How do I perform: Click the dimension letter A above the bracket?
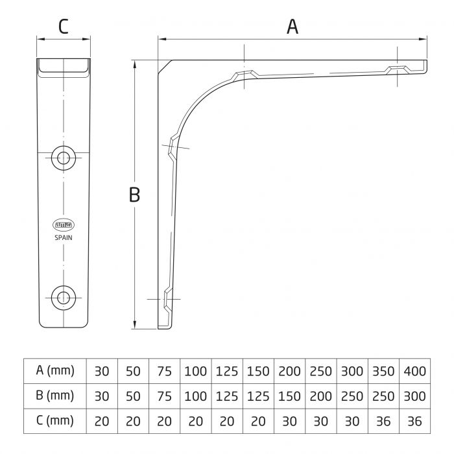point(293,27)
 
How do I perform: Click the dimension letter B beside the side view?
point(134,195)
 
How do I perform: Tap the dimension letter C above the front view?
point(63,27)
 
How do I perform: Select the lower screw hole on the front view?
point(63,297)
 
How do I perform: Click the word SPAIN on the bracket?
point(63,237)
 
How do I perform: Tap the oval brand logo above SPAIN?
point(63,225)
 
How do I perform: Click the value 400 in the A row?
point(414,372)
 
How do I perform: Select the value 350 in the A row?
point(383,372)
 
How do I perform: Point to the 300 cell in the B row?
point(414,396)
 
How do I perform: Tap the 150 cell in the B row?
point(289,396)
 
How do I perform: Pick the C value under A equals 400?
point(414,421)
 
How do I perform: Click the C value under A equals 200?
point(289,421)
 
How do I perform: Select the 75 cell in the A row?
point(164,372)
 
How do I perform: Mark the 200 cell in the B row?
point(320,396)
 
